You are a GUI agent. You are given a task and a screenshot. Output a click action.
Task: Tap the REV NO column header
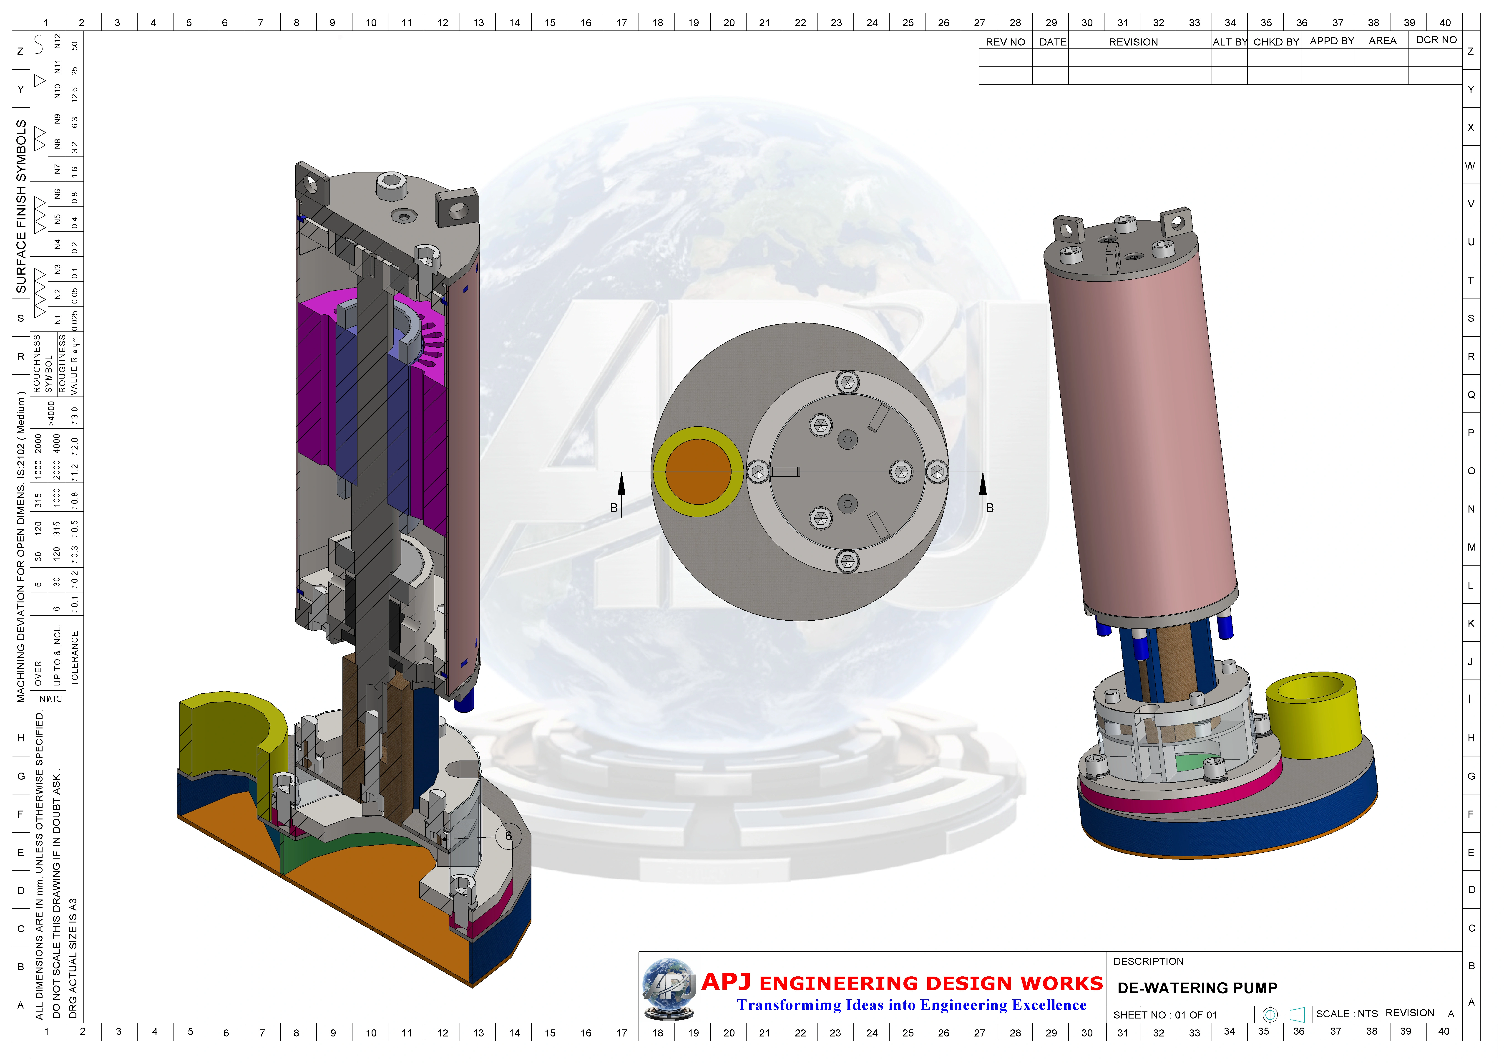(x=1006, y=42)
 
